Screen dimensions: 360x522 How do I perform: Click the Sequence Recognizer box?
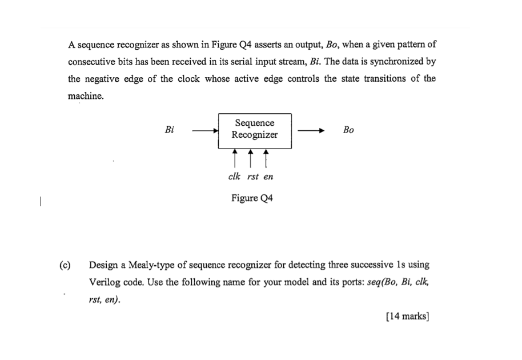(255, 130)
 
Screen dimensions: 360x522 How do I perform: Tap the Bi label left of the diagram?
(170, 130)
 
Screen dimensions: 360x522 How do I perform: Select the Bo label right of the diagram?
(348, 130)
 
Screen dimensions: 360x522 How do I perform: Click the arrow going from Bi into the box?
(205, 131)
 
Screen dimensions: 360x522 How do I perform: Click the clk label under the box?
(235, 177)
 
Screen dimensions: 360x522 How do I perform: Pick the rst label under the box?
(252, 177)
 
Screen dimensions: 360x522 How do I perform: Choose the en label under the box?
(268, 177)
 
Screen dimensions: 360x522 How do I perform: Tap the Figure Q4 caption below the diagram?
(252, 198)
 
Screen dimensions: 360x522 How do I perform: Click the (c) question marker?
(65, 265)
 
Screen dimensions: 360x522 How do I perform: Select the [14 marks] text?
(407, 316)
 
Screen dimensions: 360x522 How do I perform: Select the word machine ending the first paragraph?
(86, 96)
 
